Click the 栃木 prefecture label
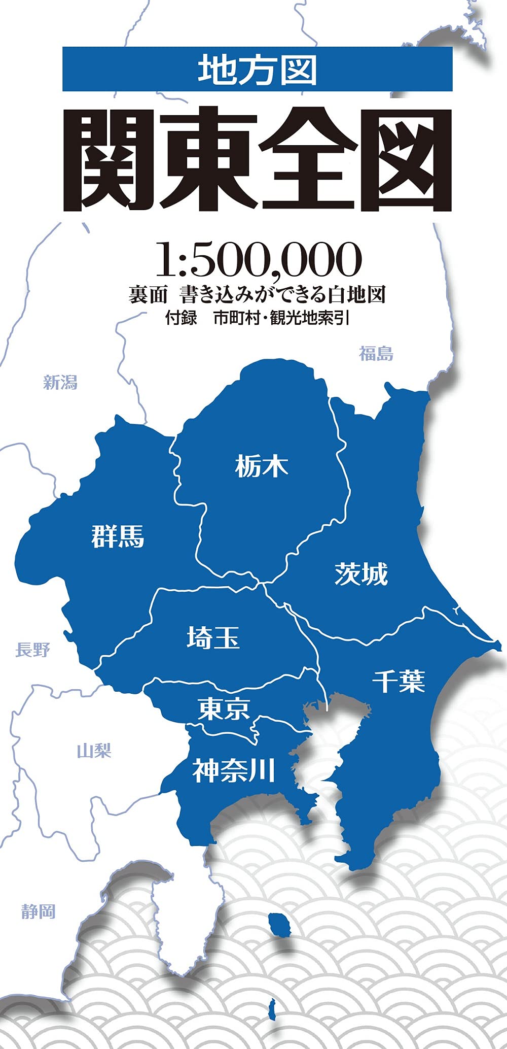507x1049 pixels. click(x=262, y=466)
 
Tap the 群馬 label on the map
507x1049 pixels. click(x=118, y=536)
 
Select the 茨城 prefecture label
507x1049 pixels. click(x=361, y=574)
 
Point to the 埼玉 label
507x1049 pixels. click(x=213, y=638)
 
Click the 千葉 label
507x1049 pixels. click(x=399, y=681)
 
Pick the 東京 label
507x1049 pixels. click(x=224, y=709)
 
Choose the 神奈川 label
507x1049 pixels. click(x=233, y=770)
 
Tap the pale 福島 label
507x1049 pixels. click(x=376, y=353)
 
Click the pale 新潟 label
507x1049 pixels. click(x=60, y=382)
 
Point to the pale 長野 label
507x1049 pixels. click(x=32, y=649)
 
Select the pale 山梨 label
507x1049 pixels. click(x=94, y=751)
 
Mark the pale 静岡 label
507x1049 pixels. click(x=38, y=911)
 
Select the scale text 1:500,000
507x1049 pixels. click(x=258, y=260)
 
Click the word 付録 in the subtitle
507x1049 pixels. click(x=180, y=318)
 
